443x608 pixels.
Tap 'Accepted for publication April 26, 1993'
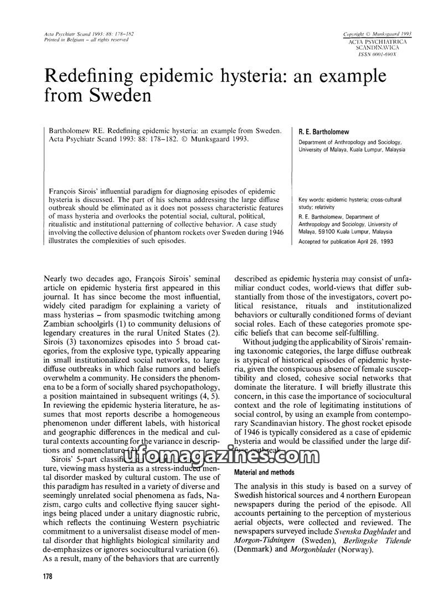[346, 242]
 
